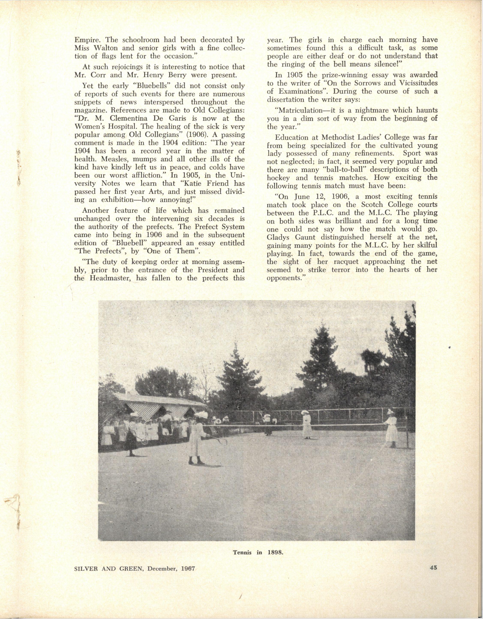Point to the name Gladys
(x=280, y=237)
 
